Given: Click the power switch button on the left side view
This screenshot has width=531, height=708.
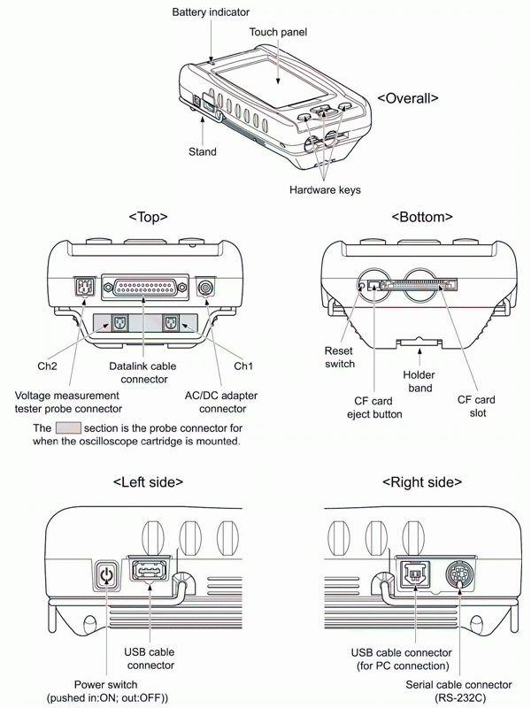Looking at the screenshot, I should [x=106, y=576].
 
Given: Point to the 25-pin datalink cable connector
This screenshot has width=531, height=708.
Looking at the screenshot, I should [x=144, y=288].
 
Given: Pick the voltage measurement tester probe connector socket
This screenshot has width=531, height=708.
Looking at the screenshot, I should [x=81, y=288].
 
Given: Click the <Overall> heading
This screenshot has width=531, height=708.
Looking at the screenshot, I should [x=408, y=98].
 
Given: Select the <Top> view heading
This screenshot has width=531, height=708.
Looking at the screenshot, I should [x=148, y=216].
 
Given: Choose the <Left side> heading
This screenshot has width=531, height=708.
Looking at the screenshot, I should [x=148, y=482].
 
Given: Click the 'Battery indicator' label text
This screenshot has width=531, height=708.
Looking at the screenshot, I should [x=211, y=12].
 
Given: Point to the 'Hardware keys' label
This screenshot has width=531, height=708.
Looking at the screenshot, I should [x=326, y=189].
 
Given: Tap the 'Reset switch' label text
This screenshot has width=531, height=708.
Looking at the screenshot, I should [x=339, y=358].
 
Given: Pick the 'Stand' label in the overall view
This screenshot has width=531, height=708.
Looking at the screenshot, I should [x=203, y=151].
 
